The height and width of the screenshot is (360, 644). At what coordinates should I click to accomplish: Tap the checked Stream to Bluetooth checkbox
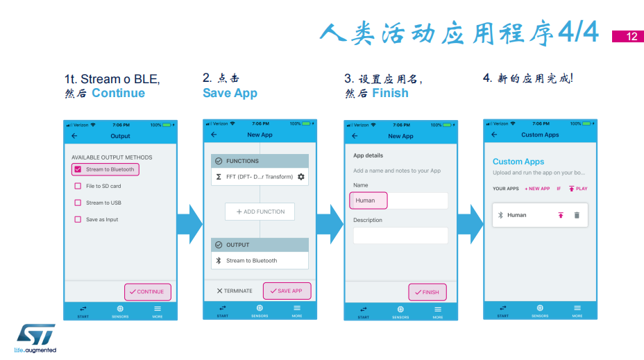tap(78, 169)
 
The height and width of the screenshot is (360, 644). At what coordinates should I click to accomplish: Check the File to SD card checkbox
tap(78, 186)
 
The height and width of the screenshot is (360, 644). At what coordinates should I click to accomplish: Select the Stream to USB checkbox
tap(78, 203)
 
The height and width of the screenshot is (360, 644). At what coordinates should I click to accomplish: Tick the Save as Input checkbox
tap(78, 220)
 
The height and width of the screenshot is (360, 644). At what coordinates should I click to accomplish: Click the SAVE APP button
tap(287, 291)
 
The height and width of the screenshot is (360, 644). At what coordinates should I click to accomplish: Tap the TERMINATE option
tap(235, 291)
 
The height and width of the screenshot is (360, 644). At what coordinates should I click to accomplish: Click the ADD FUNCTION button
tap(260, 212)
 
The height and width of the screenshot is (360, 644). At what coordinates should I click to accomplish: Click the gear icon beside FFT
tap(301, 177)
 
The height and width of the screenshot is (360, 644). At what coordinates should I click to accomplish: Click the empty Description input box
tap(400, 236)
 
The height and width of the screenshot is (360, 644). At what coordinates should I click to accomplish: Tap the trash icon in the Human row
tap(577, 215)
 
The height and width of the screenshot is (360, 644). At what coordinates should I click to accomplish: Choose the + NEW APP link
tap(537, 189)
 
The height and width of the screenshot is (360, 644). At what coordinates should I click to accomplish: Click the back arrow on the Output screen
tap(74, 136)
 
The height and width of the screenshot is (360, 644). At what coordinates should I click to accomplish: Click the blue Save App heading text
tap(230, 93)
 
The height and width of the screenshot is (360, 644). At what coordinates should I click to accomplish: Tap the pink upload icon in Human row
tap(561, 215)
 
